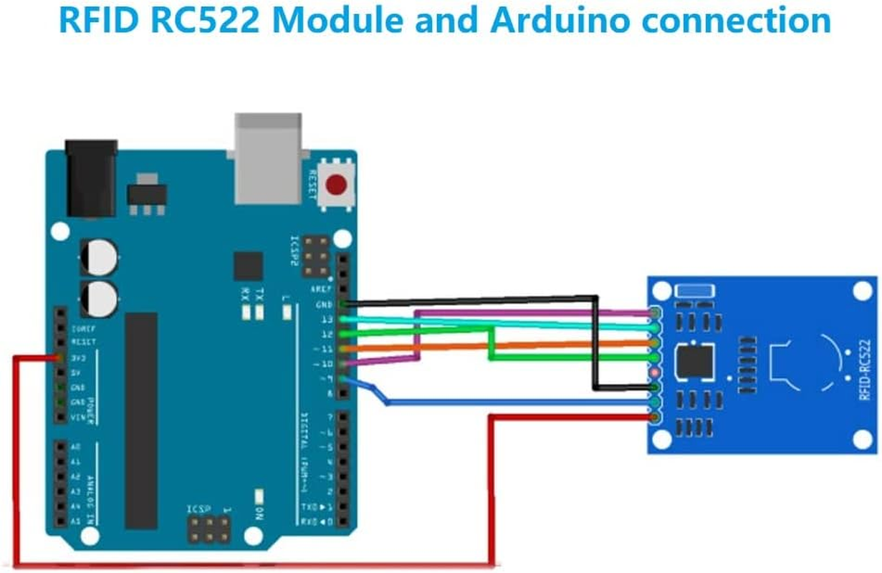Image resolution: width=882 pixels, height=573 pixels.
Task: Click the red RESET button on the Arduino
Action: click(336, 185)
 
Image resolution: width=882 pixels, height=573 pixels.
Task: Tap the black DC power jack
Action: click(91, 178)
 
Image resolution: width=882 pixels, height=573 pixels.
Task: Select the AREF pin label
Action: click(320, 289)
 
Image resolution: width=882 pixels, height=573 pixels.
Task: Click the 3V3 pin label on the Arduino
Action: click(80, 357)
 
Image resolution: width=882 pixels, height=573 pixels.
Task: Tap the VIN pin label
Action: click(79, 417)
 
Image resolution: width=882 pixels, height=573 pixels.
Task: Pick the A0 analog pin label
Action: click(76, 447)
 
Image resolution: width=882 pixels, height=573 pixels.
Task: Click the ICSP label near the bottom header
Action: click(200, 509)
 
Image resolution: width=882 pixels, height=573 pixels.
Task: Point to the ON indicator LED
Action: click(259, 496)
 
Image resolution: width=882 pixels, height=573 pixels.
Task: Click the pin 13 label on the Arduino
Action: click(327, 319)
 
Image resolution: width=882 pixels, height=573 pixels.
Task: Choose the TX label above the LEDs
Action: click(260, 294)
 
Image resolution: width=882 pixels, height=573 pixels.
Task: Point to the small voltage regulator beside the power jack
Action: click(147, 194)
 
